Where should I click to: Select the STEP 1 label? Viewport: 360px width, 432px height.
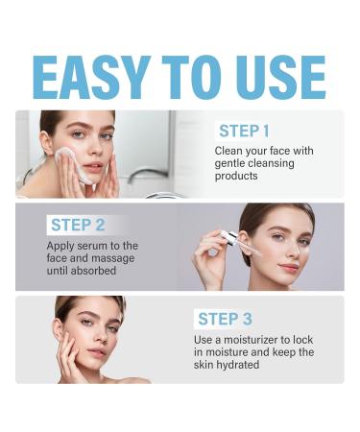244,131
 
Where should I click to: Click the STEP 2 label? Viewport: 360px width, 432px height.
78,225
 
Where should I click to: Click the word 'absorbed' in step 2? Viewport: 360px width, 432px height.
94,272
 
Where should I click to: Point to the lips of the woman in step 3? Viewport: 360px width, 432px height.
96,353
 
